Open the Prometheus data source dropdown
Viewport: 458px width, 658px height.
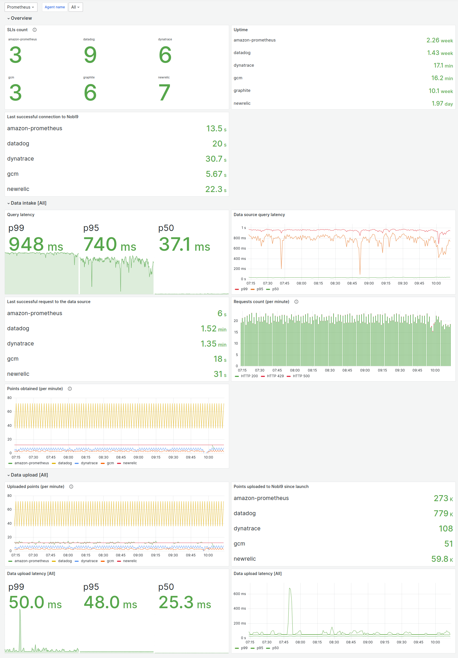[x=21, y=7]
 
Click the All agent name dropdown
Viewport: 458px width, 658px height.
[x=76, y=7]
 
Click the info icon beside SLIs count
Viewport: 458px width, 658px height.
[x=35, y=30]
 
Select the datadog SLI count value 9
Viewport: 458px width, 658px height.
[x=90, y=55]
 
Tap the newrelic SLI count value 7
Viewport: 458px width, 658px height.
[x=164, y=92]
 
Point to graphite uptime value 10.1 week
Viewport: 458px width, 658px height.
[x=440, y=91]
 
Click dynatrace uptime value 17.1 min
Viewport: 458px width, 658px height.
[x=443, y=66]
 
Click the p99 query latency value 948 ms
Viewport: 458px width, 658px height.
[x=36, y=244]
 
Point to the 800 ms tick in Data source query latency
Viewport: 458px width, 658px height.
[x=239, y=238]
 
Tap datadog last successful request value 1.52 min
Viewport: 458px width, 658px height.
[x=213, y=328]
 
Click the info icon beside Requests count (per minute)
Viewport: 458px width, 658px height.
[x=296, y=302]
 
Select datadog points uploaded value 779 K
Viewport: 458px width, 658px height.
[x=443, y=513]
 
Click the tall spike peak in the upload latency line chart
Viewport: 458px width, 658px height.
[x=290, y=588]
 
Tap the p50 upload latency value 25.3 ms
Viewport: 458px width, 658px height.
[x=185, y=602]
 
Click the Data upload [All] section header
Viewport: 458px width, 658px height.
[x=29, y=475]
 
